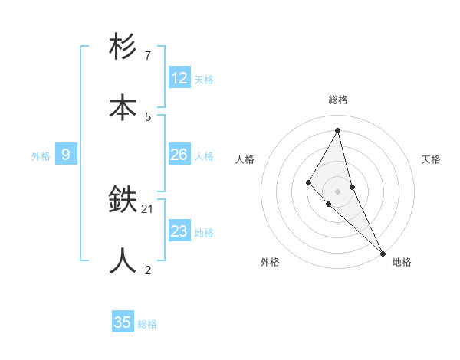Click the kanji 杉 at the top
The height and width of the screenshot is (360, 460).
[x=123, y=47]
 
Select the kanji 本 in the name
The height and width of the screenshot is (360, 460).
[x=123, y=108]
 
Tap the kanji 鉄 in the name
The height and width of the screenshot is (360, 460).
[x=123, y=201]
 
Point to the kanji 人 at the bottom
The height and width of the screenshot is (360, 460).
[x=123, y=261]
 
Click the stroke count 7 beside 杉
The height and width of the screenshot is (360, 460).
[x=147, y=56]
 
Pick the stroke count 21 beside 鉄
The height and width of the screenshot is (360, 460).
[x=148, y=208]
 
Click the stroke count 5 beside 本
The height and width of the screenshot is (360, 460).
[x=147, y=116]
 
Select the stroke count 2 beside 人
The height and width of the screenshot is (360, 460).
[x=147, y=270]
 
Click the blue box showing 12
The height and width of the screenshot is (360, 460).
[x=179, y=78]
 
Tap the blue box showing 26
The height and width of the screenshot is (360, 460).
[x=179, y=155]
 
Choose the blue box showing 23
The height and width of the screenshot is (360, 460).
[x=179, y=231]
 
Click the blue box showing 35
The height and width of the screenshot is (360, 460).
[x=123, y=322]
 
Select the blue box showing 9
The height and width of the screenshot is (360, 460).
[x=66, y=155]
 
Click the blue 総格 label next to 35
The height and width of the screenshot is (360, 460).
[x=147, y=324]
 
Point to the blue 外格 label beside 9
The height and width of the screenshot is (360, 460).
[x=41, y=156]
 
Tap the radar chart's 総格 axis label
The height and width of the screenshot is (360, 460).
[x=338, y=100]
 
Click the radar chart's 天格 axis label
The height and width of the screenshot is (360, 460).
[x=432, y=159]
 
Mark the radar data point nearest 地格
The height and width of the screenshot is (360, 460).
[x=383, y=252]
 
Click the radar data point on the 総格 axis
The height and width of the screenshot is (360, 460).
[x=338, y=130]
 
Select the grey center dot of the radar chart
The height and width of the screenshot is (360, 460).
[x=338, y=191]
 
